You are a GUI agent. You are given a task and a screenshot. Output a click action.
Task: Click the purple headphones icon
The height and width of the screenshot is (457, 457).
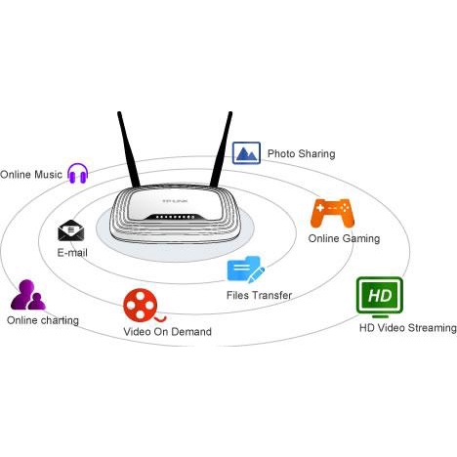(78, 173)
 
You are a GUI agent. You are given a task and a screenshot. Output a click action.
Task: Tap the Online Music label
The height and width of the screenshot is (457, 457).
(31, 175)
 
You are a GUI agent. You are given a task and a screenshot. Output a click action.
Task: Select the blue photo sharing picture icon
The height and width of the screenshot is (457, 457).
(246, 153)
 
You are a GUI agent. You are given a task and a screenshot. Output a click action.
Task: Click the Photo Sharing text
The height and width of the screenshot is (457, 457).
(301, 153)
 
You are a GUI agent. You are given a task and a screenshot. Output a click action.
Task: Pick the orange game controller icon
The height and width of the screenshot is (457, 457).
(332, 213)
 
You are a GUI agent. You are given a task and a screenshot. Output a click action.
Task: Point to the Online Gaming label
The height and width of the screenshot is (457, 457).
(344, 238)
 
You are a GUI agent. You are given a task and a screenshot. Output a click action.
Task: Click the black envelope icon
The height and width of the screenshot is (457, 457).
(71, 230)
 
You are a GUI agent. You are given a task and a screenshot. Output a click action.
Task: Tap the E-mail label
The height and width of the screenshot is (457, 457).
(72, 253)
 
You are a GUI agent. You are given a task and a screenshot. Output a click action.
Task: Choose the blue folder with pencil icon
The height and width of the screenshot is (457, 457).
(245, 270)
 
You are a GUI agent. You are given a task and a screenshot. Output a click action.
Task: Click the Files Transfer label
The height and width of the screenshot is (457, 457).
(259, 295)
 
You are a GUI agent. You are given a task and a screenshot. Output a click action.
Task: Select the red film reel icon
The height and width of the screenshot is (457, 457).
(144, 306)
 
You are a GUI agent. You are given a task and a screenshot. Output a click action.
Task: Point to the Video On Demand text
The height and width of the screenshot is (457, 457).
(168, 332)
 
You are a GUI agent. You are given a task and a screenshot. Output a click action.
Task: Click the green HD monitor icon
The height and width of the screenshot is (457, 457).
(380, 297)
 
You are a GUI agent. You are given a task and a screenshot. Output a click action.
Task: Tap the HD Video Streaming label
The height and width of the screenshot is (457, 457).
(408, 328)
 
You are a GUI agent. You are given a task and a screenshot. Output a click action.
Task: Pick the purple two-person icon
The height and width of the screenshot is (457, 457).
(28, 295)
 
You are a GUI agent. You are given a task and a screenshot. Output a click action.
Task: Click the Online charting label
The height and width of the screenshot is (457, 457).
(43, 320)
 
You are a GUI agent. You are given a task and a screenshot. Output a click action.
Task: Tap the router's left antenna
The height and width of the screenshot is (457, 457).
(129, 149)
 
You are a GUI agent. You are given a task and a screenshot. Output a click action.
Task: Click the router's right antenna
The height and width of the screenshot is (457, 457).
(222, 149)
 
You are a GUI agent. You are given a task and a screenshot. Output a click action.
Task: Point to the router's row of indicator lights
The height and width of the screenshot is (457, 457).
(175, 217)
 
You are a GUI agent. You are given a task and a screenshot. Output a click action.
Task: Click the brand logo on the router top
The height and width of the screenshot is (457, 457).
(175, 201)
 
